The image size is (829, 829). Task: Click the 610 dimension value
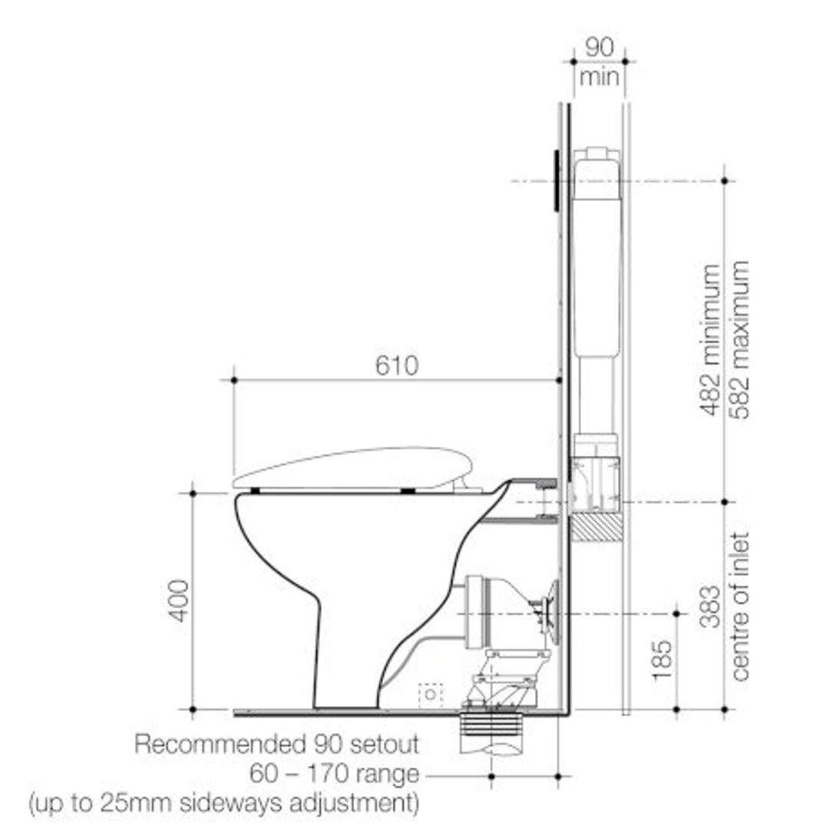pyautogui.click(x=397, y=365)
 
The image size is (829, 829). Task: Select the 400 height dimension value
pyautogui.click(x=179, y=600)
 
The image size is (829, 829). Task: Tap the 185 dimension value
pyautogui.click(x=661, y=659)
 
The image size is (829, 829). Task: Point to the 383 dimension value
pyautogui.click(x=710, y=606)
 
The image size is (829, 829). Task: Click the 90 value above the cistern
pyautogui.click(x=599, y=48)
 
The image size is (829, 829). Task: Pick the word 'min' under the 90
pyautogui.click(x=599, y=77)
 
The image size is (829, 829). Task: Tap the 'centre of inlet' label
pyautogui.click(x=739, y=606)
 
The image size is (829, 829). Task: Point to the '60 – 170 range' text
pyautogui.click(x=334, y=773)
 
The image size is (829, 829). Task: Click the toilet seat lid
pyautogui.click(x=353, y=466)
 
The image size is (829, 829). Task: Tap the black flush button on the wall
pyautogui.click(x=554, y=180)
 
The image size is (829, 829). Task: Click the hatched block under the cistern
pyautogui.click(x=595, y=528)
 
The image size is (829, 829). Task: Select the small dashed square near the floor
pyautogui.click(x=431, y=694)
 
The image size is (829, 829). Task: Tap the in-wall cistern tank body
pyautogui.click(x=596, y=253)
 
